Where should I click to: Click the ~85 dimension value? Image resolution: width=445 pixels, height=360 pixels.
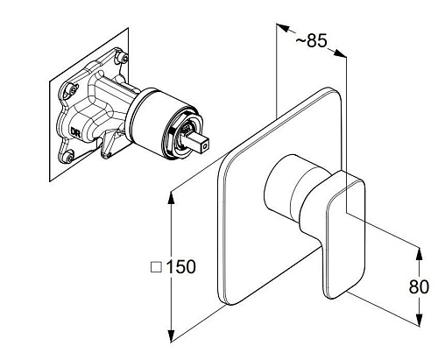coord(311,41)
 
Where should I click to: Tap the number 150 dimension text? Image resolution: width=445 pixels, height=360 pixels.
coord(180,266)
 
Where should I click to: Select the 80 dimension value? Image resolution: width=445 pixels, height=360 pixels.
coord(419,286)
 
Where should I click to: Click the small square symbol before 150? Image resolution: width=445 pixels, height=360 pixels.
coord(156,267)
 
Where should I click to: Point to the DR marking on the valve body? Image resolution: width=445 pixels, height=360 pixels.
coord(75,131)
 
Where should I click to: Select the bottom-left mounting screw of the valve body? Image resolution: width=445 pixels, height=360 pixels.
coord(69,158)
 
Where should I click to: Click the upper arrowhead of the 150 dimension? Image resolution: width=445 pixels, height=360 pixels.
coord(172,198)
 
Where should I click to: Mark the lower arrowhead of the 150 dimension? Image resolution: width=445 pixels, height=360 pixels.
coord(172,335)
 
